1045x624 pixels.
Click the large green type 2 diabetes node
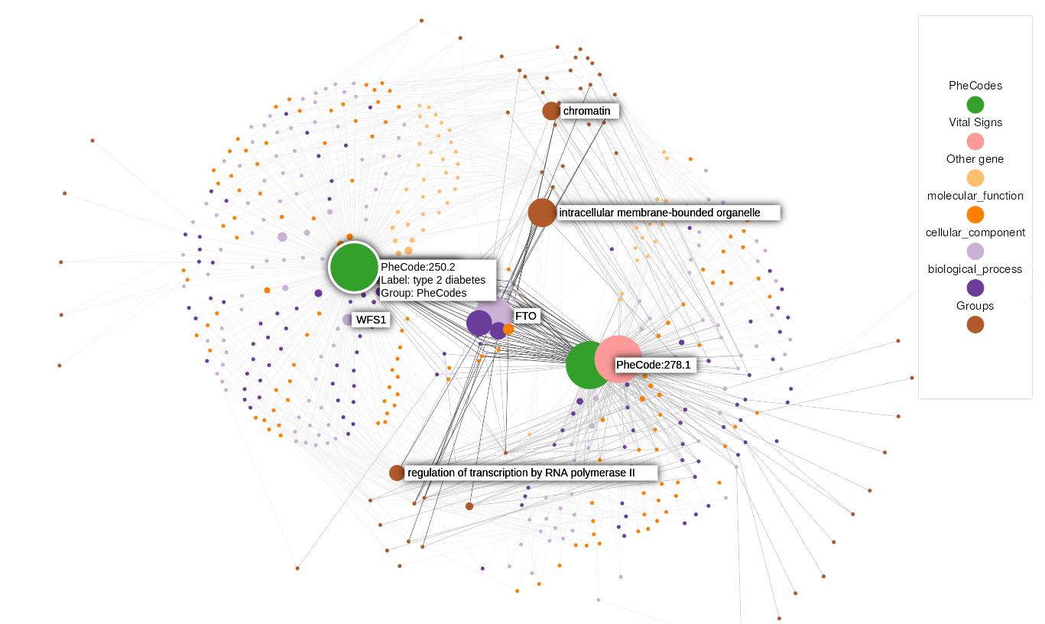(x=354, y=267)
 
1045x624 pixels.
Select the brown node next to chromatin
(x=551, y=111)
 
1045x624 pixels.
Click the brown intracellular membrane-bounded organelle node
(x=542, y=213)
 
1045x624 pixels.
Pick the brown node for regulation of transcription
(x=397, y=473)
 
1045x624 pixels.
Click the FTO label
(x=526, y=316)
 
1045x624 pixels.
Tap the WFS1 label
(x=372, y=320)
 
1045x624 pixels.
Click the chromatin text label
(x=586, y=111)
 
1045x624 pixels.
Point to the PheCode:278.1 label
(x=653, y=365)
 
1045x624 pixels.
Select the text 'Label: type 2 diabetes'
(x=433, y=280)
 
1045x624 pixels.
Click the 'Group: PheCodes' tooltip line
(x=424, y=293)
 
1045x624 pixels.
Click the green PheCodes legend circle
(x=975, y=105)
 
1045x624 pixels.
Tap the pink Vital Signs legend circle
(x=975, y=141)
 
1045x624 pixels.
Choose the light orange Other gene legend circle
(x=975, y=178)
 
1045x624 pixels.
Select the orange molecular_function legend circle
(x=975, y=215)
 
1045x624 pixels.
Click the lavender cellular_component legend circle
(x=975, y=252)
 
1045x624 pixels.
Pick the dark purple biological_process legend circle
(x=975, y=288)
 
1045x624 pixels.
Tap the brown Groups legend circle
(x=975, y=325)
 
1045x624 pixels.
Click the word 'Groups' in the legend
(x=975, y=306)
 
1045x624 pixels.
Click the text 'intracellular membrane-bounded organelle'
(x=660, y=213)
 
